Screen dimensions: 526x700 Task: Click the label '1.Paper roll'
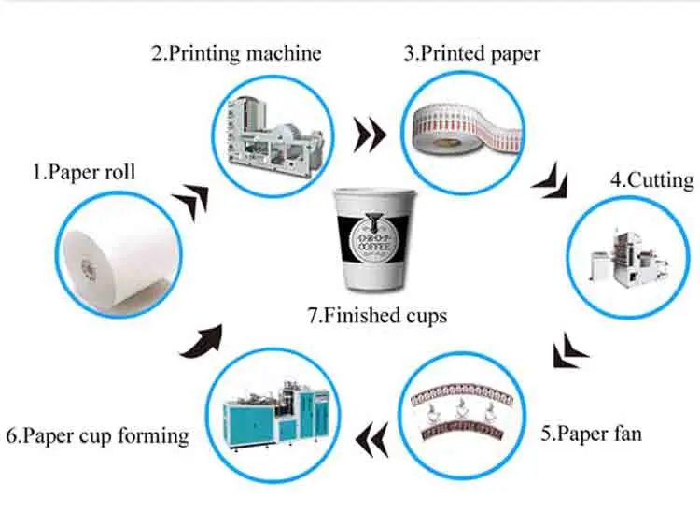[84, 173]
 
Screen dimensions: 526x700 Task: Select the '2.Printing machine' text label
[236, 52]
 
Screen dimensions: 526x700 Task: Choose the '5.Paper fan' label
[593, 434]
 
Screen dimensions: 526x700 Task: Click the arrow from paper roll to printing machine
[195, 200]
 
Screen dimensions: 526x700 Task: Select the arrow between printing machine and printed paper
[370, 136]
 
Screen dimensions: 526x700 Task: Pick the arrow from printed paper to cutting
[551, 178]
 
